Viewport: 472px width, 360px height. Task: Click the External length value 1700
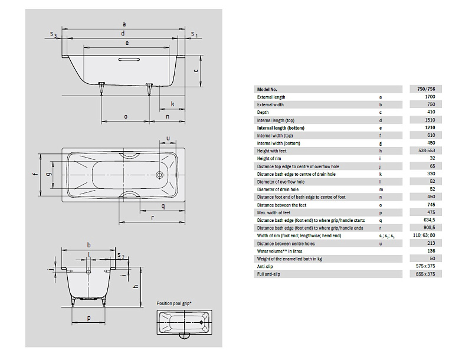[x=431, y=97]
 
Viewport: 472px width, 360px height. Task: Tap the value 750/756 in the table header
[x=425, y=89]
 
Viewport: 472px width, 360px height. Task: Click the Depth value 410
[x=431, y=112]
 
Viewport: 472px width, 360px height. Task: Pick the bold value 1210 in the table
[x=431, y=127]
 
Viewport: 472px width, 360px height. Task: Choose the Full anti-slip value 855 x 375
[x=425, y=274]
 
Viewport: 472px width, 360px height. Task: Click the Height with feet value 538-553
[x=427, y=150]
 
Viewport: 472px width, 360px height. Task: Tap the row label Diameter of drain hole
[x=278, y=189]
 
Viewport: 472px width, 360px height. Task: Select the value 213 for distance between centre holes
[x=431, y=243]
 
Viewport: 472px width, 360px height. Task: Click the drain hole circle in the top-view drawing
[x=159, y=174]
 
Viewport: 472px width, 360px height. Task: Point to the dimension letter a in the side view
[x=124, y=24]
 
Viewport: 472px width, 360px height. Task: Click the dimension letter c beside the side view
[x=196, y=71]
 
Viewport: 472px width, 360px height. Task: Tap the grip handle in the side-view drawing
[x=129, y=60]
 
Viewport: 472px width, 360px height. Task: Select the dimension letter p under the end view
[x=89, y=318]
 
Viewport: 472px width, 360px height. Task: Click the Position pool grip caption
[x=174, y=303]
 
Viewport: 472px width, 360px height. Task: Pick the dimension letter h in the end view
[x=136, y=287]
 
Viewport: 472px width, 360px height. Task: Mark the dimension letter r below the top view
[x=153, y=217]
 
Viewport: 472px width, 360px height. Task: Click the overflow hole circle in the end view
[x=88, y=272]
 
